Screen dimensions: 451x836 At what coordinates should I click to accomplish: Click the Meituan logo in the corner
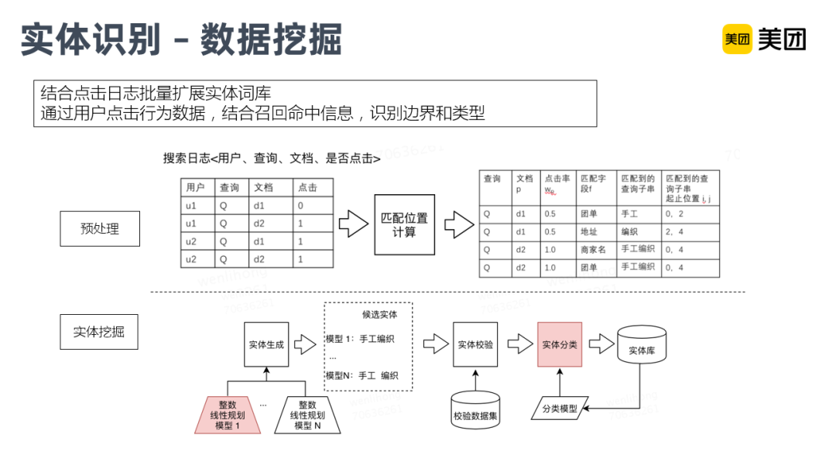(x=763, y=39)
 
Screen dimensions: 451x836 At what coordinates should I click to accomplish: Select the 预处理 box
(x=100, y=228)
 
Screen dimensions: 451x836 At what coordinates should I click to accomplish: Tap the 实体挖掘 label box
(x=100, y=332)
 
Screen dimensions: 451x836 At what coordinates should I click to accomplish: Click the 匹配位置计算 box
(x=404, y=224)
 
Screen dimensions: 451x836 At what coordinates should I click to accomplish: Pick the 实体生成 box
(x=266, y=344)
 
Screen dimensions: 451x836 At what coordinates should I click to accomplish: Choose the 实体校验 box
(x=475, y=344)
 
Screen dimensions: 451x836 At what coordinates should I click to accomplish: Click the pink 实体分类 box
(x=558, y=344)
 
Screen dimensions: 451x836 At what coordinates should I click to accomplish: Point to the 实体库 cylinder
(x=642, y=350)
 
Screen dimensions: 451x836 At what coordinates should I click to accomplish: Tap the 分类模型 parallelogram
(x=558, y=408)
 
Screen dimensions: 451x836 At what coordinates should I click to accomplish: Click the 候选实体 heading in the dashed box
(x=379, y=314)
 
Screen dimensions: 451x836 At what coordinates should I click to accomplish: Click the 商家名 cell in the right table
(x=595, y=249)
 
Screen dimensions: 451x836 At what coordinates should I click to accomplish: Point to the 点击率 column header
(x=557, y=183)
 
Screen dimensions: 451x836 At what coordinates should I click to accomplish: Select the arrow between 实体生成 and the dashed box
(x=306, y=344)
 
